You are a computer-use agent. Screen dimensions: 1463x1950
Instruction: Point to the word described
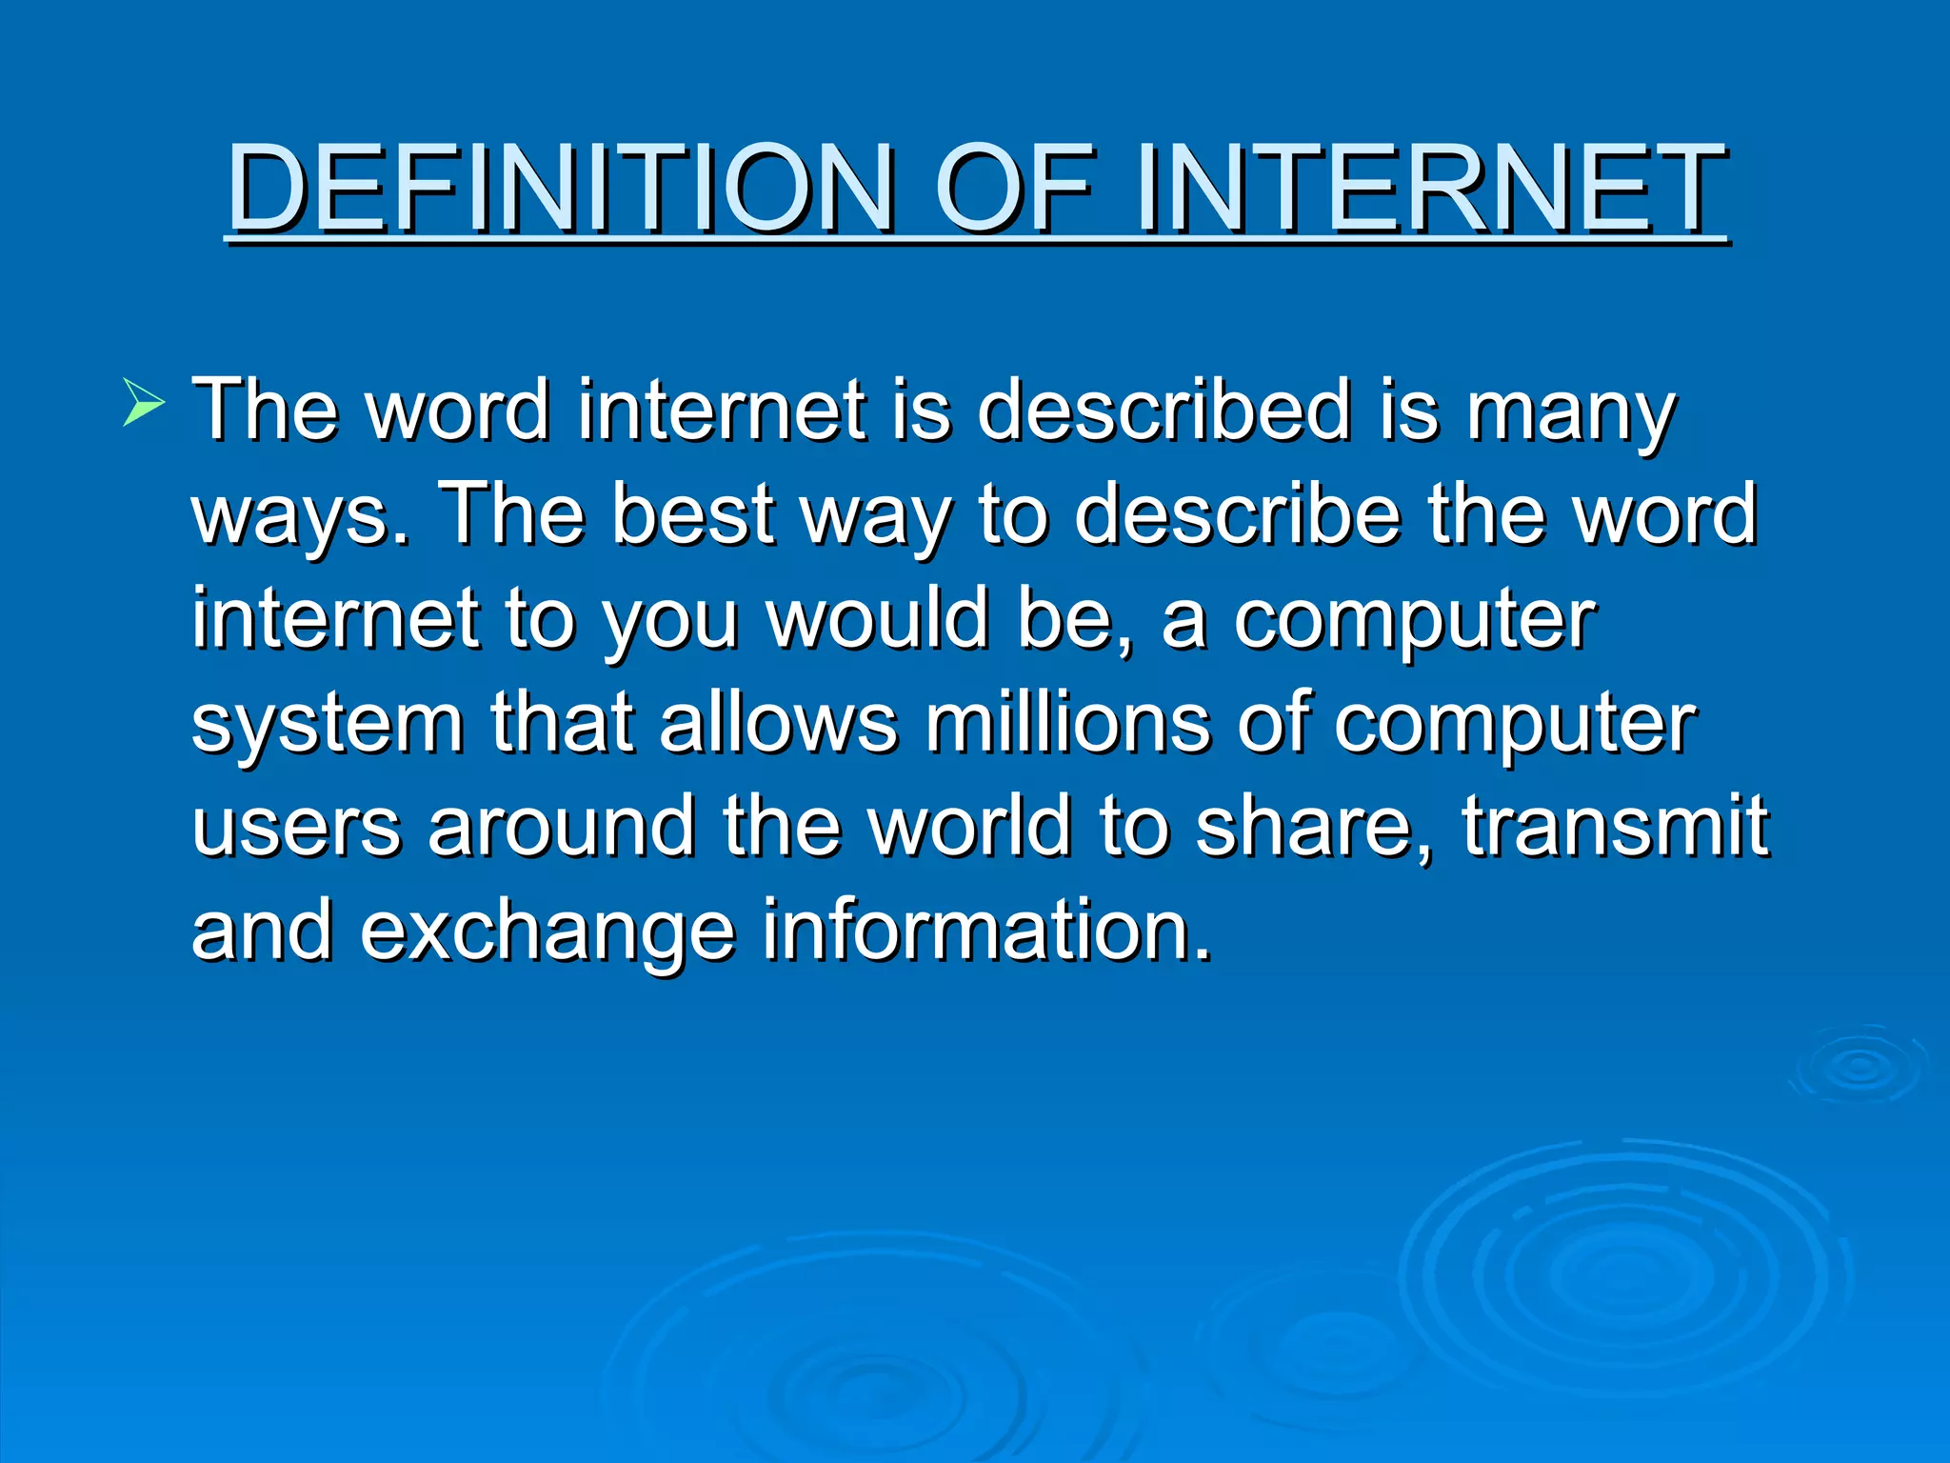point(1164,411)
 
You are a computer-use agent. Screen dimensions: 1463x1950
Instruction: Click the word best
point(693,514)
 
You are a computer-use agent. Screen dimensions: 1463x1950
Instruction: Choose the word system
point(328,725)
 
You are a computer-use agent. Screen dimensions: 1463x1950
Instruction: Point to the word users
point(296,827)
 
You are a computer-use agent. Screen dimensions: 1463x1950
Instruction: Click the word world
point(970,826)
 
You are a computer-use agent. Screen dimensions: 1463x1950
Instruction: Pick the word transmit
point(1615,826)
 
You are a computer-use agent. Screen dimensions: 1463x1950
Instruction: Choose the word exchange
point(547,931)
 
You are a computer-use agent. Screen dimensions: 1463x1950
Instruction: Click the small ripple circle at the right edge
point(1859,1067)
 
